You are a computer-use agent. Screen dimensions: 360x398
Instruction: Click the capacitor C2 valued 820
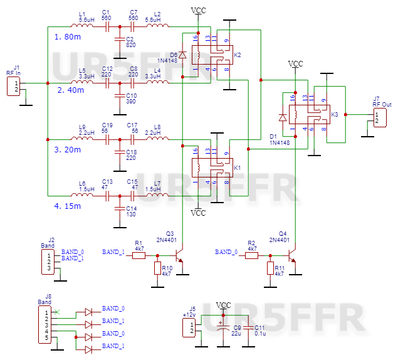click(118, 41)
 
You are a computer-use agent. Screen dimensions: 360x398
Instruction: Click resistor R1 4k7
click(139, 255)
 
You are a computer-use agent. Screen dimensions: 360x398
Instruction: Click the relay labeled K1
click(215, 167)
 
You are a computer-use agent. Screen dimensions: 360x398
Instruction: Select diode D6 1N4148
click(182, 56)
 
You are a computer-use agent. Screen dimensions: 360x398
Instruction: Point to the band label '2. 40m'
click(68, 90)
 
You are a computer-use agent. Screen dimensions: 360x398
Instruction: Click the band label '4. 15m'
click(68, 206)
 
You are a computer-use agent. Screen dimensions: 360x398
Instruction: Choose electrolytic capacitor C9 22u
click(222, 328)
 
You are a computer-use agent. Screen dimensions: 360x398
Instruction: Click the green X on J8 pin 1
click(58, 312)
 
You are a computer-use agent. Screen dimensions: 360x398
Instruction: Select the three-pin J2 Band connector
click(52, 262)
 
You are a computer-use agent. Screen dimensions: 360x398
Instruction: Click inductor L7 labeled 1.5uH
click(154, 195)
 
